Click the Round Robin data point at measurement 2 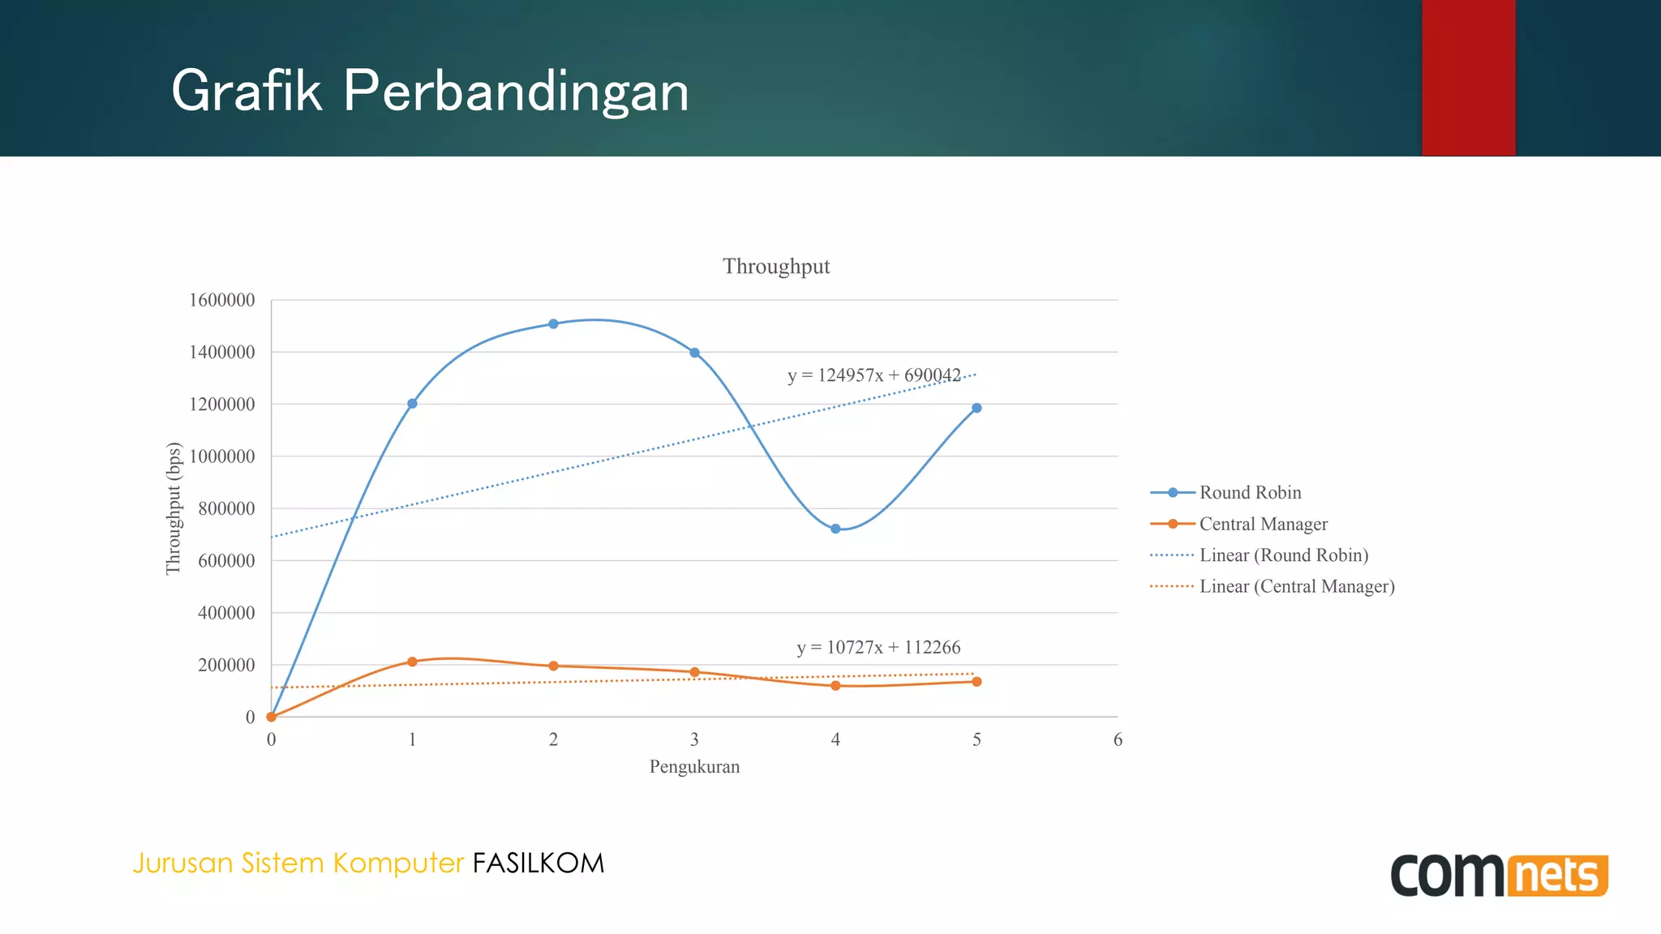[x=553, y=323]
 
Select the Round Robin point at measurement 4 [x=835, y=529]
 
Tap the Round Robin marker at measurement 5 [x=976, y=408]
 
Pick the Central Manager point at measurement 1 [x=412, y=662]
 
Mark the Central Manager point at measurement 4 [x=835, y=686]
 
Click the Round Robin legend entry [x=1250, y=492]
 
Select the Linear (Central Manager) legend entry [x=1296, y=586]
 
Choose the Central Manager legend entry [x=1263, y=524]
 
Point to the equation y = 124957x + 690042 [x=873, y=375]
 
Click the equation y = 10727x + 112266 [x=878, y=647]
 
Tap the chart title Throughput [x=776, y=266]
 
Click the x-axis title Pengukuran [x=694, y=766]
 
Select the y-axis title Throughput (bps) [x=173, y=508]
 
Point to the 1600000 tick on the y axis [x=222, y=300]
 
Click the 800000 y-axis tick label [x=226, y=508]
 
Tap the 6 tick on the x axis [x=1118, y=739]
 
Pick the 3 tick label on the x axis [x=694, y=739]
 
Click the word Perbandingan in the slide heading [x=516, y=91]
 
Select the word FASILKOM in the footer [x=539, y=863]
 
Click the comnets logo [x=1499, y=875]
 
